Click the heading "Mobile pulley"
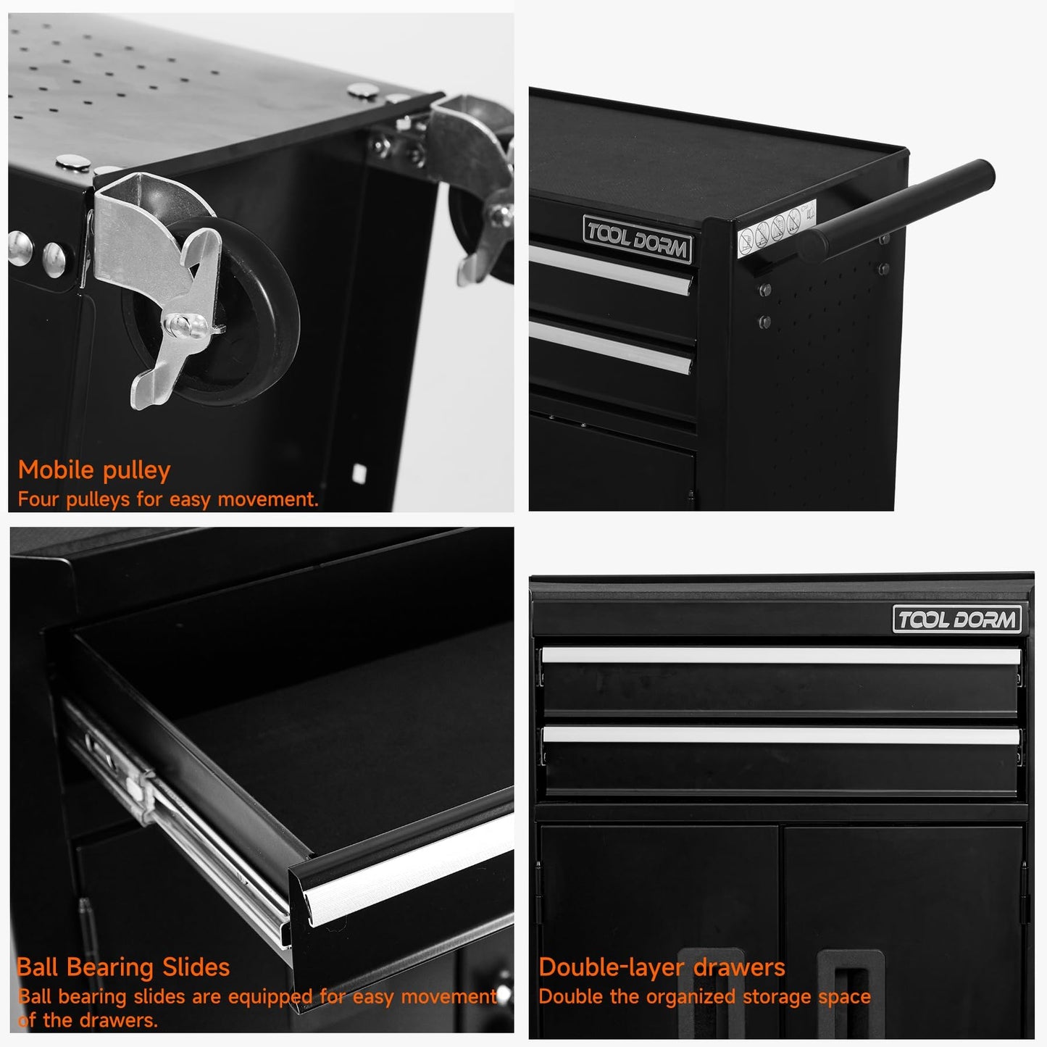point(94,470)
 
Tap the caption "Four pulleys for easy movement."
point(168,499)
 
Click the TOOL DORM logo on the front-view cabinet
point(957,619)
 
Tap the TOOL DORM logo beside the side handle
point(638,239)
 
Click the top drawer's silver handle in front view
point(781,655)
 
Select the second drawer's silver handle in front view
point(781,735)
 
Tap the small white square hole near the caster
point(359,473)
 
